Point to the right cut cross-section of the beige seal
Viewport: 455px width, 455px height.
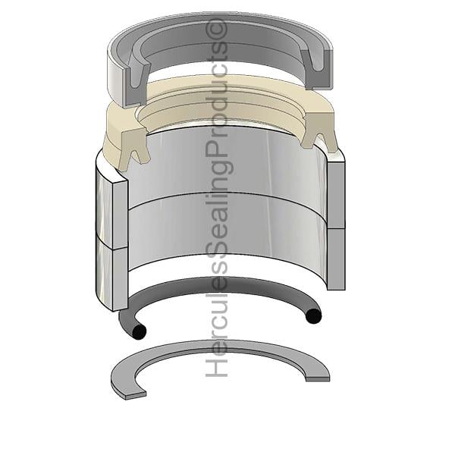click(x=318, y=130)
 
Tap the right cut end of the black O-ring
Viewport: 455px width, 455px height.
click(x=314, y=316)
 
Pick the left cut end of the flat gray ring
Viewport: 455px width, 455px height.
click(x=135, y=395)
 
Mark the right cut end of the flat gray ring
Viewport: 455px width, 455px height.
click(x=318, y=378)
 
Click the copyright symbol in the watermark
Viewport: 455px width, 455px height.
click(x=216, y=30)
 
